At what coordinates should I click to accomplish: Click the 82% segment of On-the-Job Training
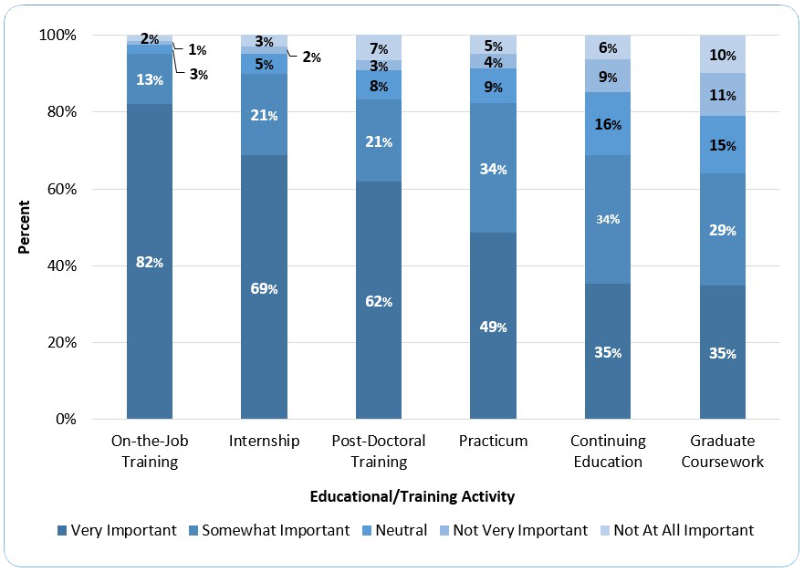click(150, 263)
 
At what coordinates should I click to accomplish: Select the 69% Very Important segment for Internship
click(264, 288)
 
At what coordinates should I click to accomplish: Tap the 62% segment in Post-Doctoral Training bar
click(379, 301)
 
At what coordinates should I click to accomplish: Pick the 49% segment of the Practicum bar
click(493, 327)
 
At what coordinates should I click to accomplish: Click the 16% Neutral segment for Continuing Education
click(608, 124)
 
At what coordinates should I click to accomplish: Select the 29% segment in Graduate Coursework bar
click(722, 230)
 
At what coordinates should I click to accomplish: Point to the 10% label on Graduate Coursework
click(722, 55)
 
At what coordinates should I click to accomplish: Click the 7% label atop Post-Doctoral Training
click(379, 48)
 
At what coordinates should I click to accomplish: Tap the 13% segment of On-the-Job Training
click(150, 79)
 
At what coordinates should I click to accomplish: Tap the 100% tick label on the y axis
click(77, 35)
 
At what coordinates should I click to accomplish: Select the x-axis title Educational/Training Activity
click(412, 496)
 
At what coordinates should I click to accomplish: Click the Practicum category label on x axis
click(493, 441)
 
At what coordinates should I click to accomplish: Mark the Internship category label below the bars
click(264, 441)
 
